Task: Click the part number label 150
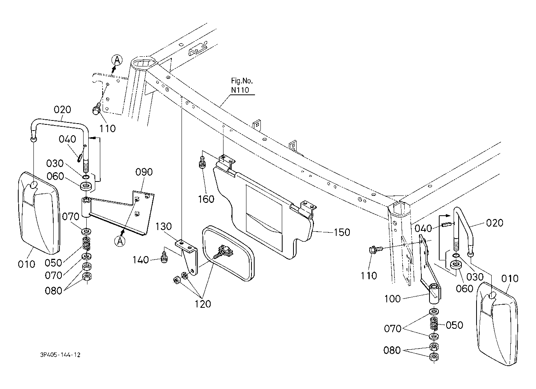[342, 232]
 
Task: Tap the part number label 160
[206, 199]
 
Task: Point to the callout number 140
[140, 260]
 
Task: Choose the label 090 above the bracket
[144, 172]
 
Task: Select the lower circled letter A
[120, 241]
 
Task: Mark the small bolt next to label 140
[164, 257]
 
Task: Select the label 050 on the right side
[454, 325]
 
